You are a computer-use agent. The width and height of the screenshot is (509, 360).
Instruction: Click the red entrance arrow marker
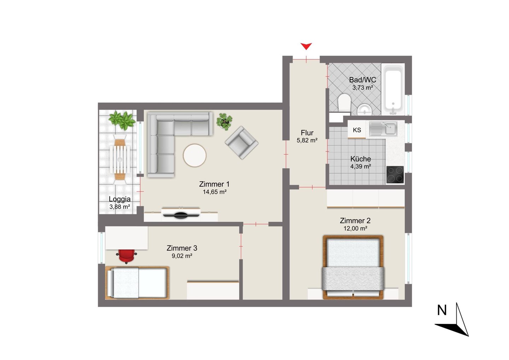[306, 46]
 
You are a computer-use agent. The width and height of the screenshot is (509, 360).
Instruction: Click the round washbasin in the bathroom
[364, 110]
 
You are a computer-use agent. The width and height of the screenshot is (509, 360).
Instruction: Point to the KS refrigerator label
[357, 130]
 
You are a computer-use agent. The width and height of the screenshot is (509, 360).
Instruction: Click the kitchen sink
[383, 128]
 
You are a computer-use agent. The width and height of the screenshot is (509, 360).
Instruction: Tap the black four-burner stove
[395, 175]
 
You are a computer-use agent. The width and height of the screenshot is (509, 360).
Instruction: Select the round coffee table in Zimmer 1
[194, 156]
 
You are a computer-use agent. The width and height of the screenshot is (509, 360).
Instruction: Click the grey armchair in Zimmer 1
[241, 143]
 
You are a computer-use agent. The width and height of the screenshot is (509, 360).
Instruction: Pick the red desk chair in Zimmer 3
[126, 256]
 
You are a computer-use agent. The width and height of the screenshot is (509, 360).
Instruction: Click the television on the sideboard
[180, 215]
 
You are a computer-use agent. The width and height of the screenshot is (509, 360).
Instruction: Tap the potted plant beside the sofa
[224, 122]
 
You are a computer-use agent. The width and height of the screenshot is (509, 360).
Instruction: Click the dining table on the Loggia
[120, 159]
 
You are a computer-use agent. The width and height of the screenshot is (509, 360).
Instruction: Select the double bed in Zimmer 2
[353, 267]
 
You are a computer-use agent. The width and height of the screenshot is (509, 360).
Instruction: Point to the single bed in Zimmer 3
[137, 283]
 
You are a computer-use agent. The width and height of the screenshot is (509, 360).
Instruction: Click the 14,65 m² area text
[215, 192]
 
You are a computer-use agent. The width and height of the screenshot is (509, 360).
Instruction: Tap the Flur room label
[307, 133]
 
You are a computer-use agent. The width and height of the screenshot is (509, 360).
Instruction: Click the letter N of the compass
[442, 310]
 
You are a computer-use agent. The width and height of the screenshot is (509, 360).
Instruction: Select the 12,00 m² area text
[355, 228]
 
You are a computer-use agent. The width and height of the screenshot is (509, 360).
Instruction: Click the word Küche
[361, 159]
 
